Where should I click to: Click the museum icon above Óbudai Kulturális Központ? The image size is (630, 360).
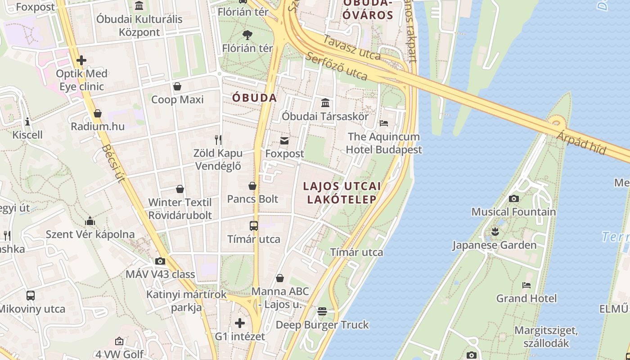[139, 5]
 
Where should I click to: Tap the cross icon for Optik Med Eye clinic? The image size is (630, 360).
[81, 60]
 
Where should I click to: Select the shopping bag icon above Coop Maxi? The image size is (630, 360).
[177, 86]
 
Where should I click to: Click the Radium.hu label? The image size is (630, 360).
[98, 126]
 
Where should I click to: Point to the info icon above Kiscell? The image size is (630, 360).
[27, 121]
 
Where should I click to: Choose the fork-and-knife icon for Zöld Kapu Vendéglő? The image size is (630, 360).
[218, 139]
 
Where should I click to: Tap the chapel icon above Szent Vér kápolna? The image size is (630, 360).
[90, 221]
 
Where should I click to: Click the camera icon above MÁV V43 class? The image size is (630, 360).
[160, 261]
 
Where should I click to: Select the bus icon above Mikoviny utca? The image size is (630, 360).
[31, 296]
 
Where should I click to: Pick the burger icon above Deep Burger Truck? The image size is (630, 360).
[322, 311]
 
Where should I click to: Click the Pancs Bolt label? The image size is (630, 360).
[252, 199]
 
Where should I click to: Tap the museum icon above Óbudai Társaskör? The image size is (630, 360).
[325, 103]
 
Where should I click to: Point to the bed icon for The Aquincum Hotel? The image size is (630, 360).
[384, 123]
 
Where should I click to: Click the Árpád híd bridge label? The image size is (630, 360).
[581, 142]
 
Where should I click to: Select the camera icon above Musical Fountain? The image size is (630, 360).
[513, 198]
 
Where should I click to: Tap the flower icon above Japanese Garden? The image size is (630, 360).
[495, 232]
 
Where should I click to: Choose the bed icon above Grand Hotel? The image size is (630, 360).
[526, 285]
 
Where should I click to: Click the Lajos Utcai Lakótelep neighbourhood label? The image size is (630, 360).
[342, 193]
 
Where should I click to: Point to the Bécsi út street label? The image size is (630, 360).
[113, 163]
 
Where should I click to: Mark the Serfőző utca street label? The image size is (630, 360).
[336, 66]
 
